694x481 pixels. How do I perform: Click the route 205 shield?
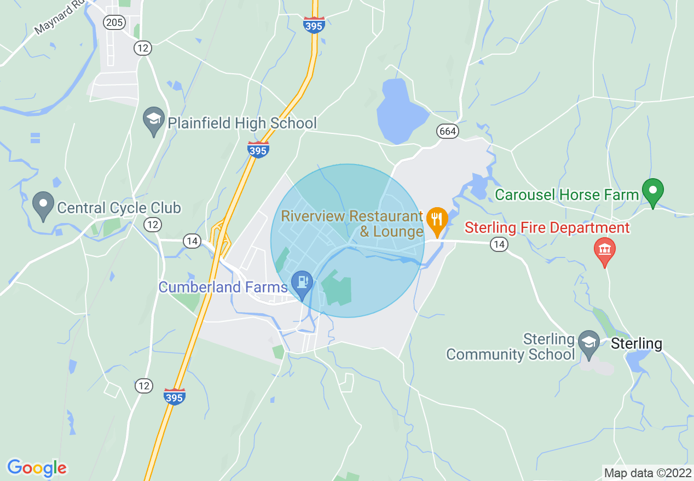pyautogui.click(x=115, y=22)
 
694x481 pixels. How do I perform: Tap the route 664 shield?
pyautogui.click(x=447, y=131)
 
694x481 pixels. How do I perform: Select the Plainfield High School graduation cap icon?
pyautogui.click(x=154, y=120)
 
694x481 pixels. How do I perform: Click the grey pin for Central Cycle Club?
pyautogui.click(x=43, y=205)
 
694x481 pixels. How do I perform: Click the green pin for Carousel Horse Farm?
pyautogui.click(x=652, y=192)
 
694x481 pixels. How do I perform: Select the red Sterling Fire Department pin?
pyautogui.click(x=604, y=250)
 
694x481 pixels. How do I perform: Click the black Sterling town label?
pyautogui.click(x=636, y=344)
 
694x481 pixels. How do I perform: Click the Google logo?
pyautogui.click(x=37, y=468)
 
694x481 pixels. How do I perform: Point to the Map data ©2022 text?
pyautogui.click(x=647, y=473)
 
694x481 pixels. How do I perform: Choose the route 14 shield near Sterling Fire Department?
pyautogui.click(x=499, y=245)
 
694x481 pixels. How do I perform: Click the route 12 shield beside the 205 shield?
pyautogui.click(x=143, y=48)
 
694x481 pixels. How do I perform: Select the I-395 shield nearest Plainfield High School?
pyautogui.click(x=258, y=148)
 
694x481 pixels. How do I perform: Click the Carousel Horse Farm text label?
pyautogui.click(x=567, y=195)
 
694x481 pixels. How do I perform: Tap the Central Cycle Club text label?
pyautogui.click(x=119, y=208)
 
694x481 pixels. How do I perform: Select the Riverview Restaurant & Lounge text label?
pyautogui.click(x=352, y=224)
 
